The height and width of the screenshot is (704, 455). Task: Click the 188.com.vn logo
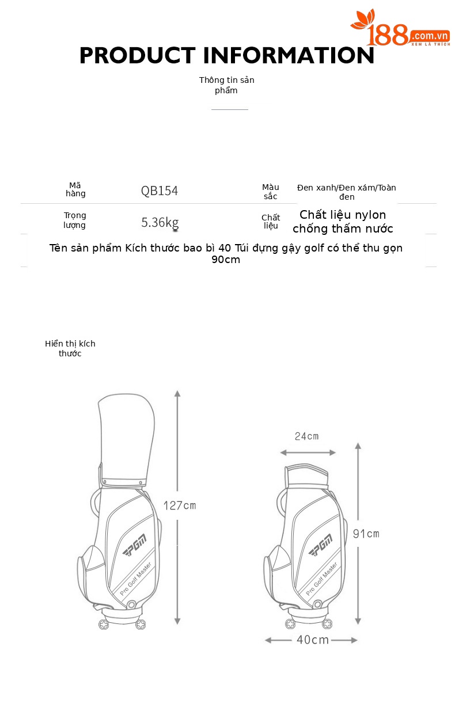click(x=400, y=28)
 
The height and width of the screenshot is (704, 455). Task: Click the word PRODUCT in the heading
click(x=138, y=55)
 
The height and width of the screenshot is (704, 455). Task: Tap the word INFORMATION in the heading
click(x=289, y=55)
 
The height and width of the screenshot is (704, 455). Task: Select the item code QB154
click(x=159, y=191)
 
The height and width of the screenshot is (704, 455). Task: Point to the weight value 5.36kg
click(x=160, y=223)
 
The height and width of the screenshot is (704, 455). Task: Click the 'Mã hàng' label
click(x=75, y=189)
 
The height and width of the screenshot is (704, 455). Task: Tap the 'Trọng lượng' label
click(x=74, y=220)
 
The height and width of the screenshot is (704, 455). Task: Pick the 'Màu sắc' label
click(x=271, y=192)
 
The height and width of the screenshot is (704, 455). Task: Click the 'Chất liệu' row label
click(x=271, y=222)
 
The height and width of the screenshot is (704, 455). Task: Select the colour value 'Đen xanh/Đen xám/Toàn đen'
click(x=347, y=192)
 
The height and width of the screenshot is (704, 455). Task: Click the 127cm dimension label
click(x=180, y=505)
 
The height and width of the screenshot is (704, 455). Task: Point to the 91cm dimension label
click(x=366, y=534)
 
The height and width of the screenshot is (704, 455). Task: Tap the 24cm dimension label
click(x=306, y=436)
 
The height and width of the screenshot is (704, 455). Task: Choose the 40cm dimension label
click(x=313, y=640)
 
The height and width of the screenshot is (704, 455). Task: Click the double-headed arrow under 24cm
click(x=308, y=452)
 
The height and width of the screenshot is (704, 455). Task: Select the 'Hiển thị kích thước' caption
click(x=70, y=348)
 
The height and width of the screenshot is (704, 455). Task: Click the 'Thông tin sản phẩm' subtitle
click(x=226, y=85)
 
